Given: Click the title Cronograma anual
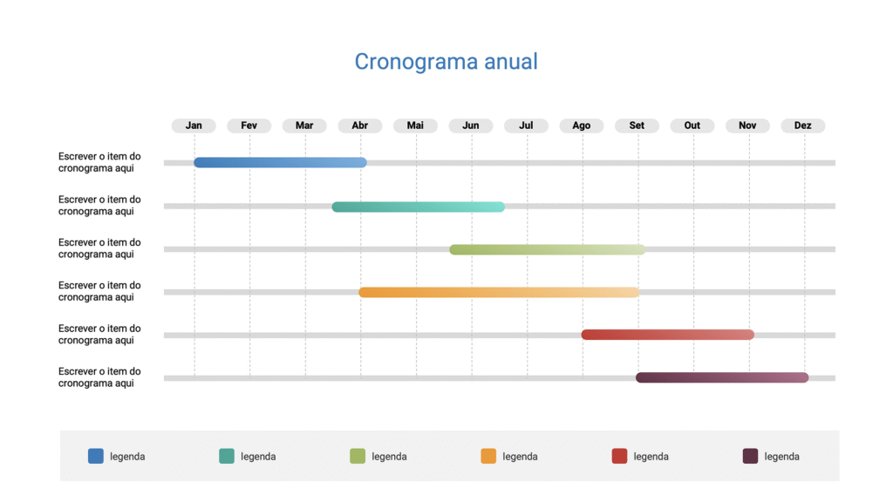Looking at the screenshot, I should pos(446,62).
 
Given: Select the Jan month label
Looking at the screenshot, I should pos(194,125).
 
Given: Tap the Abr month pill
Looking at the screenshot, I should pos(359,125).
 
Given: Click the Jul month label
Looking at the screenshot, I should pos(526,125).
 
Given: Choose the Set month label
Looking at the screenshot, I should pos(637,125).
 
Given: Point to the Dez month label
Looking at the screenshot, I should pos(802,125).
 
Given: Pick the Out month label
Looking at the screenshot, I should pos(692,125).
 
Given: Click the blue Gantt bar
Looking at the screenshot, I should pos(280,163).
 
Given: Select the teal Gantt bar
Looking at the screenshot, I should pos(418,207).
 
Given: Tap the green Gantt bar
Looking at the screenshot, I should pos(547,249).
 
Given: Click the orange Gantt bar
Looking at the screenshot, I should pos(499,292).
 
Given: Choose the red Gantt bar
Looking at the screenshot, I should pos(667,335).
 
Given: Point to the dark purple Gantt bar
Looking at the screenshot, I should pos(722,377).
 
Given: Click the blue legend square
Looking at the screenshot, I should pos(96,456).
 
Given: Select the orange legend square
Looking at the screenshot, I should pos(488,456).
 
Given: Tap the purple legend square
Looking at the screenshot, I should pos(750,456).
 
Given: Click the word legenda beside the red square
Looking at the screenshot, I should pos(651,457).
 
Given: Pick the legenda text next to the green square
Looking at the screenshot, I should pos(389,457).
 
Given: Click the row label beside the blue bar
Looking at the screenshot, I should pos(99,162).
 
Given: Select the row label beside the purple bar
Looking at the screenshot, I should pos(99,377).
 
